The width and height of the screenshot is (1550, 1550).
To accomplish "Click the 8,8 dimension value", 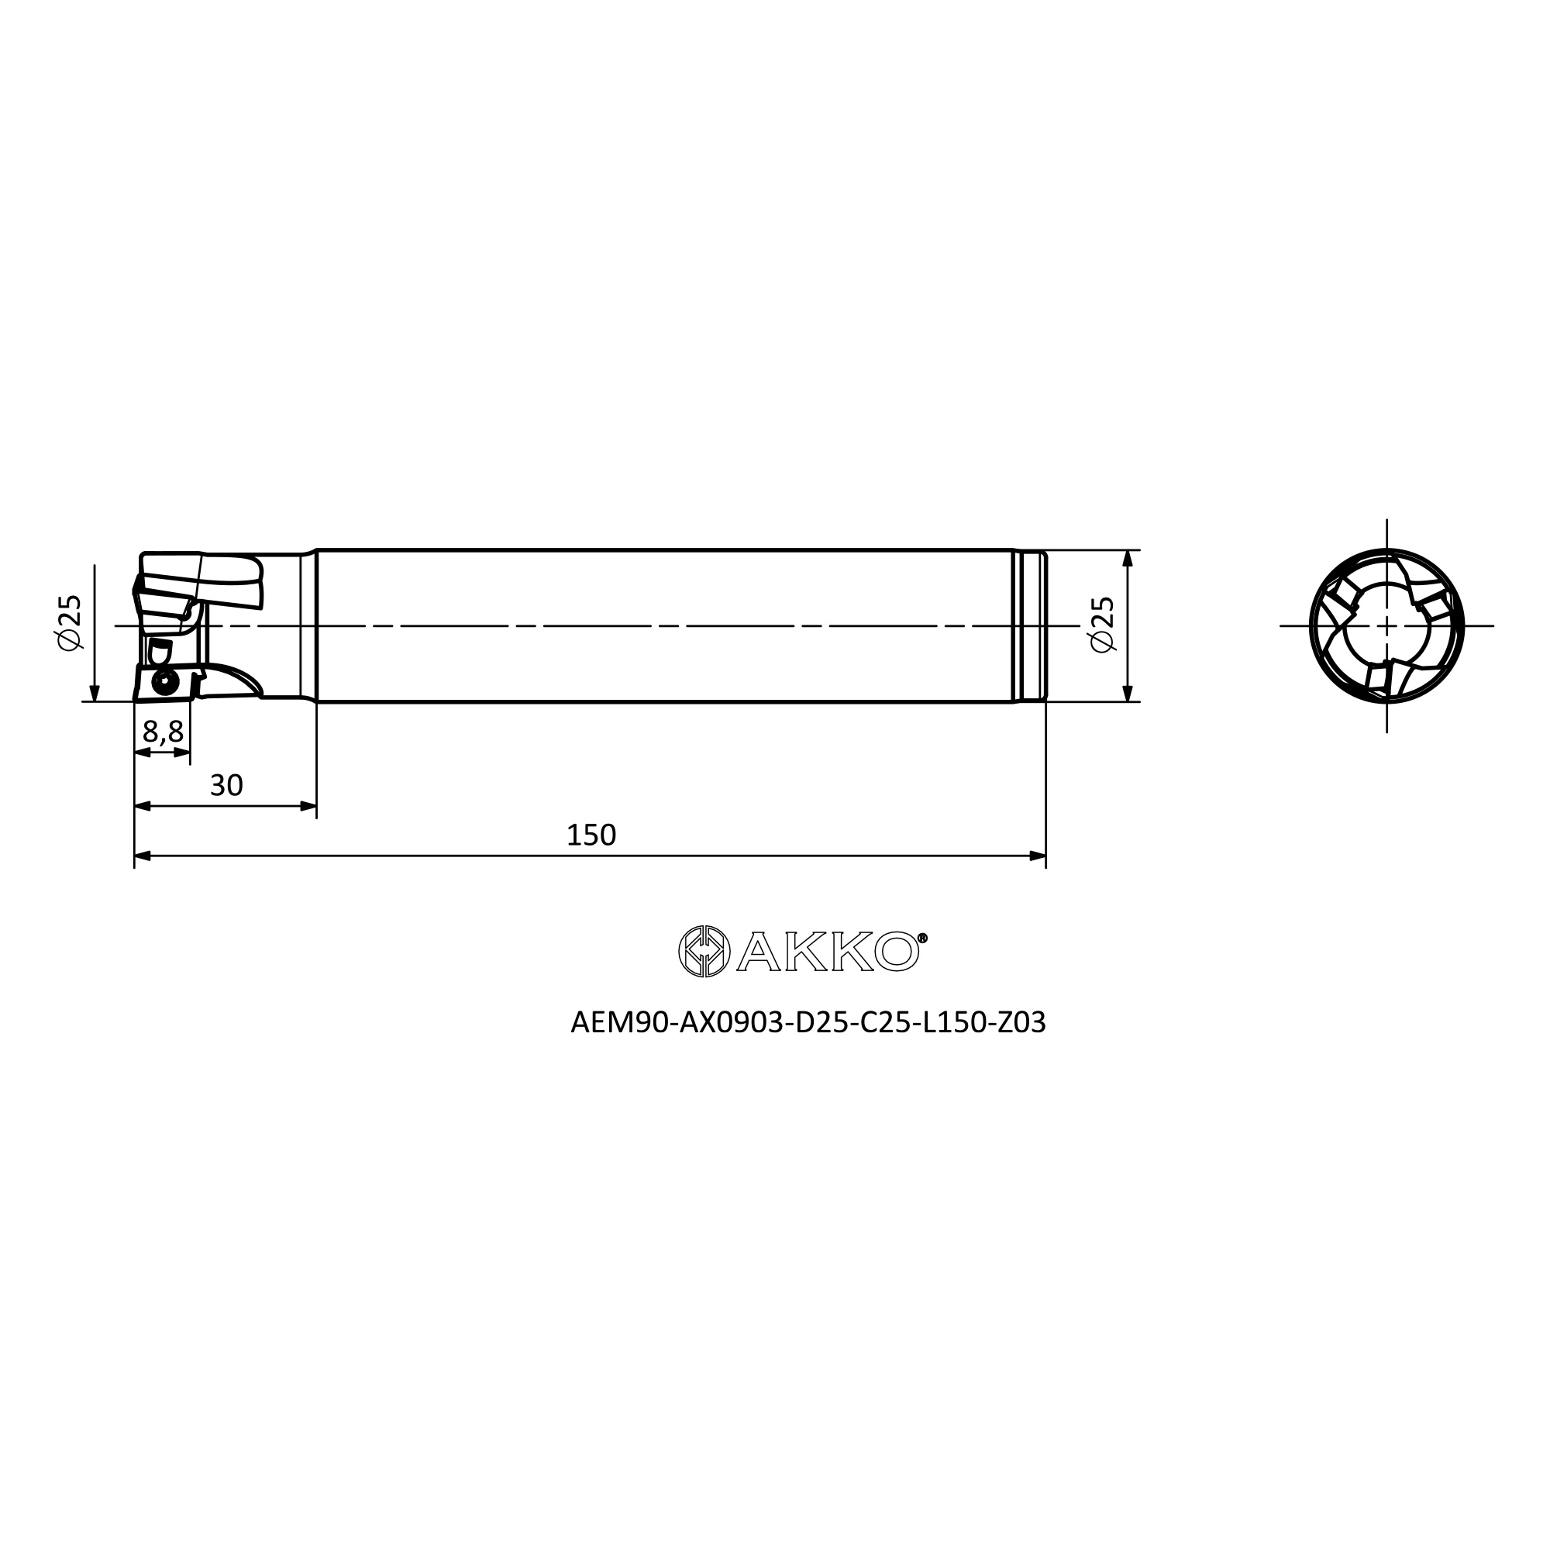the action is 163,732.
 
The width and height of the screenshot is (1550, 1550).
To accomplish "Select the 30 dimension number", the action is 226,785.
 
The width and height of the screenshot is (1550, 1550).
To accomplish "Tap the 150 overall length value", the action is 591,835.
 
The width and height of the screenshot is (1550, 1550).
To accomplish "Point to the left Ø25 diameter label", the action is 71,623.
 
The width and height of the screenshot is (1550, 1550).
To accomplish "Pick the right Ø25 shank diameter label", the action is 1103,625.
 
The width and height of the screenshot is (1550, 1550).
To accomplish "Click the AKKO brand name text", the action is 828,952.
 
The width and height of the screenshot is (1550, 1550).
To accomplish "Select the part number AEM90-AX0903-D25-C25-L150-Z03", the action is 808,1023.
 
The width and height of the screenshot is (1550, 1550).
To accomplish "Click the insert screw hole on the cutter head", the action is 165,682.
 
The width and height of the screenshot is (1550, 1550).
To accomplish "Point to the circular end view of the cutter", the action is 1387,625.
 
